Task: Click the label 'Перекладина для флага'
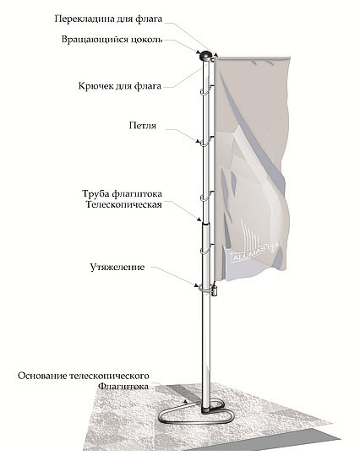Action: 108,19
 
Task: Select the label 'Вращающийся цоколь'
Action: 112,40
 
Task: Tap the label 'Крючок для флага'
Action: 120,86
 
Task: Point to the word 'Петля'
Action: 143,126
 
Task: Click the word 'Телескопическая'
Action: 123,204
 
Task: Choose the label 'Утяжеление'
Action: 117,267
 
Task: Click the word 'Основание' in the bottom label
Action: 42,376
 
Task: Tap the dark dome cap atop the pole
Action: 205,55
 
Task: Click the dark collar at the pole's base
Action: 206,409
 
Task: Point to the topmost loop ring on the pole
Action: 205,90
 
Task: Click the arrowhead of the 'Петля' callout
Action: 197,142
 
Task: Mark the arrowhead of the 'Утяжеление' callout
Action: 196,286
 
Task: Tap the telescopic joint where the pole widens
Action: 206,223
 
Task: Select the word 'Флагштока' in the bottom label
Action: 123,387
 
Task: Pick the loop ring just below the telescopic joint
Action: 206,250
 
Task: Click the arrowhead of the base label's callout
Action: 186,402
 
